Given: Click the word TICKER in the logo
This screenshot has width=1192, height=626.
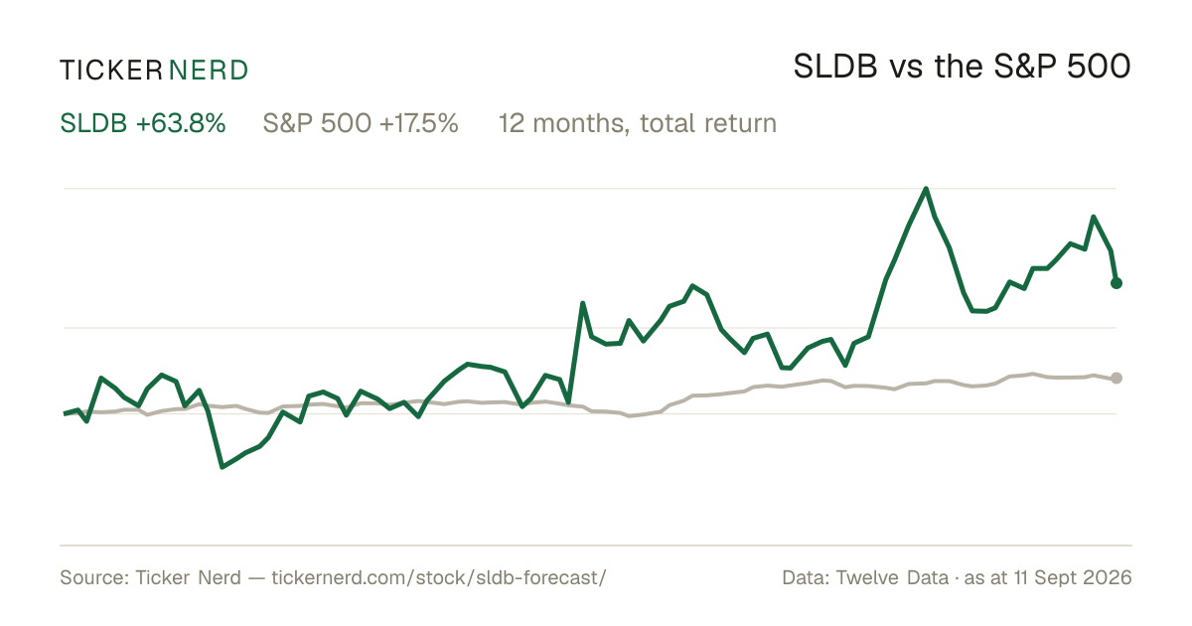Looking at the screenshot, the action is (111, 71).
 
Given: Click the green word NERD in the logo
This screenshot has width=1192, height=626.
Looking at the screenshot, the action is (208, 71).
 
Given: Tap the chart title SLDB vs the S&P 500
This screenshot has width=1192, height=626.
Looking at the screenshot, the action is (962, 67).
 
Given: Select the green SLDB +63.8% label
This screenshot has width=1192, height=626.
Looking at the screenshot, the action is (143, 123).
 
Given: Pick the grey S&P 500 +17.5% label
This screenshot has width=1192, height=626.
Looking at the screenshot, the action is (361, 123).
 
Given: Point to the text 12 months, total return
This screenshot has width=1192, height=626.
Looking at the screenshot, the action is (638, 124).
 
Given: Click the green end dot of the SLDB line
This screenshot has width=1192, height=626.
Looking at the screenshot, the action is (1117, 283).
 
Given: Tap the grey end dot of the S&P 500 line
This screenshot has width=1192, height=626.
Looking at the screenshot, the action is (1117, 378).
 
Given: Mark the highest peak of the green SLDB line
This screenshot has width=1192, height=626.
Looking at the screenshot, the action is (926, 189).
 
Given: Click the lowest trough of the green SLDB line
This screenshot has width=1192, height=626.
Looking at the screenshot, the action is (223, 467).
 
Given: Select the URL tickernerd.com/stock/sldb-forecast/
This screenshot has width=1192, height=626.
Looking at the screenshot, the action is (438, 577).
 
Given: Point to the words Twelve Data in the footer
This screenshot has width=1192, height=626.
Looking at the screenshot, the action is (892, 577).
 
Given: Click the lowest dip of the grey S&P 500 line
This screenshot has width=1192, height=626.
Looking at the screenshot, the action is (630, 415).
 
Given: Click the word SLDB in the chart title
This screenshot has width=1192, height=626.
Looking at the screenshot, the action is (835, 67).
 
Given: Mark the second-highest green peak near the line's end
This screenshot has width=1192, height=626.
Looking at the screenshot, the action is (1094, 218).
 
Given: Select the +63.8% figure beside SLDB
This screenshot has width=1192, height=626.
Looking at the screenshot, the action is (181, 123).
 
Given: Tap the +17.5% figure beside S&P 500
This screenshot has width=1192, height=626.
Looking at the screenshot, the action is (419, 123).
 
